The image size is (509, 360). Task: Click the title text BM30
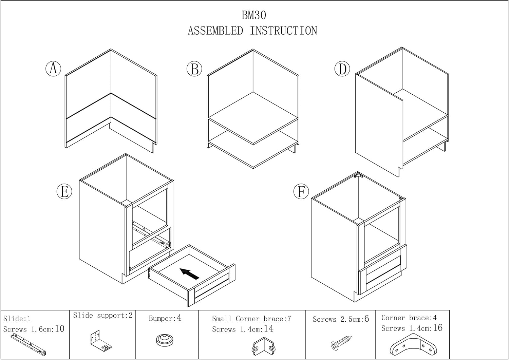[253, 15]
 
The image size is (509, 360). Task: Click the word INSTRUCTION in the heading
[283, 31]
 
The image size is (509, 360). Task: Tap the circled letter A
[53, 69]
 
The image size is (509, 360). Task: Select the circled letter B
[194, 69]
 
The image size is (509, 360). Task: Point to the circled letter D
[342, 69]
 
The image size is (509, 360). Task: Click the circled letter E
[64, 192]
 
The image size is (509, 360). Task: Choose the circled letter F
[301, 192]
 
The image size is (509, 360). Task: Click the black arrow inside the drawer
[189, 273]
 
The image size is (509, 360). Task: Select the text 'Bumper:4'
[165, 318]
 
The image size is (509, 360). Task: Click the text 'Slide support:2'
[103, 316]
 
